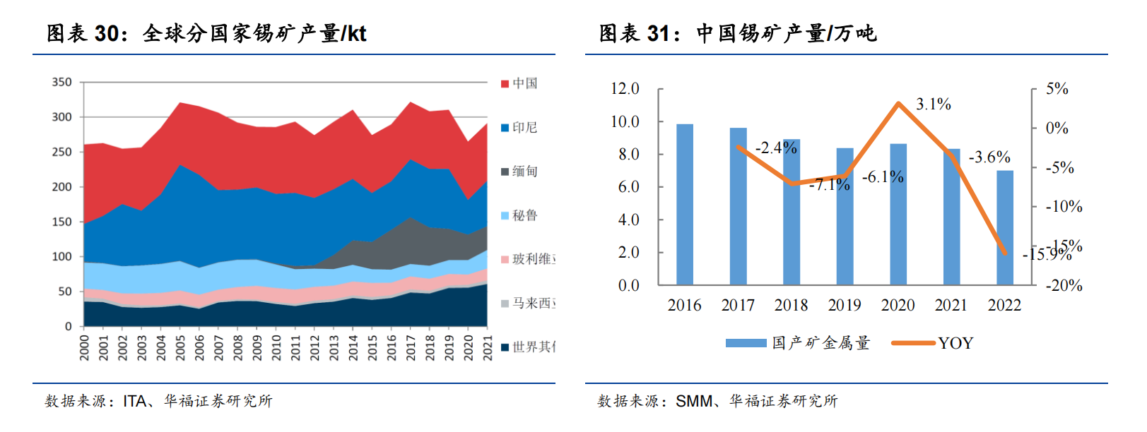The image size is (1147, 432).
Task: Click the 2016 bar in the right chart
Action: pyautogui.click(x=684, y=205)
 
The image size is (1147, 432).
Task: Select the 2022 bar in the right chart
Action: pyautogui.click(x=1004, y=227)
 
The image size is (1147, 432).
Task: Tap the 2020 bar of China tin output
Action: pyautogui.click(x=898, y=215)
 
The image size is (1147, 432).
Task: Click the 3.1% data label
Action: pyautogui.click(x=934, y=104)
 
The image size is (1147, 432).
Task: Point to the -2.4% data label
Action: pyautogui.click(x=776, y=148)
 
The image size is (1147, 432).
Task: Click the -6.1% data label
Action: pyautogui.click(x=883, y=177)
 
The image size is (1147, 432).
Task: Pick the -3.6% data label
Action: pyautogui.click(x=989, y=157)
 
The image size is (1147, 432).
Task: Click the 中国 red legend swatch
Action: pyautogui.click(x=505, y=84)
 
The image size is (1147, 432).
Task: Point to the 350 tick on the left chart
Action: pyautogui.click(x=62, y=83)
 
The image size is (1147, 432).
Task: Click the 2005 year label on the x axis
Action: pyautogui.click(x=180, y=347)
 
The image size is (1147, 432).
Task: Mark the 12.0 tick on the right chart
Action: pyautogui.click(x=625, y=89)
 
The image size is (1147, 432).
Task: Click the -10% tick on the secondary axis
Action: pyautogui.click(x=1064, y=207)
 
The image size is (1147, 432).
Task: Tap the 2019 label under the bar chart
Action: pyautogui.click(x=845, y=305)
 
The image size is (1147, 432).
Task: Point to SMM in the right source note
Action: pyautogui.click(x=694, y=402)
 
